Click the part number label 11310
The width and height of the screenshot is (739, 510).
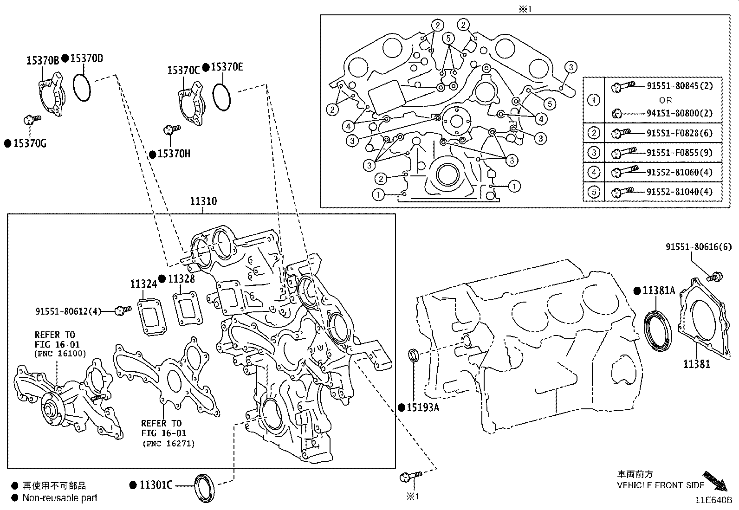point(203,201)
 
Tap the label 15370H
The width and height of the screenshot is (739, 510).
point(174,154)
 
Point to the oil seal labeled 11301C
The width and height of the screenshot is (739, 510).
point(204,487)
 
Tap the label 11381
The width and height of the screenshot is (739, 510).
point(696,364)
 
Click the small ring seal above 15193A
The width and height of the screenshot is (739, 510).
point(413,355)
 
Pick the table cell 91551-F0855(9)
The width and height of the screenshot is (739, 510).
point(679,153)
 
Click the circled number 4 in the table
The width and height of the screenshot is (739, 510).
point(594,172)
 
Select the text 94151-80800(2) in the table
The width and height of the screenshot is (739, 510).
point(679,113)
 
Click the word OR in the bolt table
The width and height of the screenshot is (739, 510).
point(665,100)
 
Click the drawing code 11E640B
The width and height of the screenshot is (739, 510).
point(713,501)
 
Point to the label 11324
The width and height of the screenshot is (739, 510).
point(143,284)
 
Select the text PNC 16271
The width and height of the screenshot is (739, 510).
point(169,444)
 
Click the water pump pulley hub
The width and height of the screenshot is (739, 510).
point(49,410)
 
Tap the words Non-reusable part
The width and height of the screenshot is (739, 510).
point(60,498)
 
